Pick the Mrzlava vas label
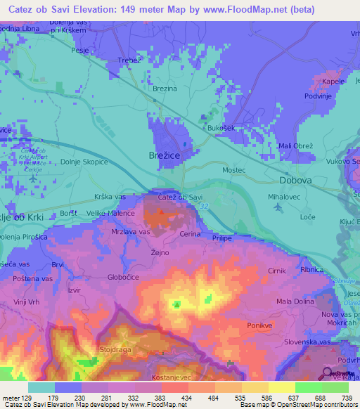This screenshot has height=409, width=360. point(131,231)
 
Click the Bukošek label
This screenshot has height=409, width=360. point(220,128)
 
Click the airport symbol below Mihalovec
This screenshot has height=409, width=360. point(279,208)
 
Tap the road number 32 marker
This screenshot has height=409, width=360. point(203,205)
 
